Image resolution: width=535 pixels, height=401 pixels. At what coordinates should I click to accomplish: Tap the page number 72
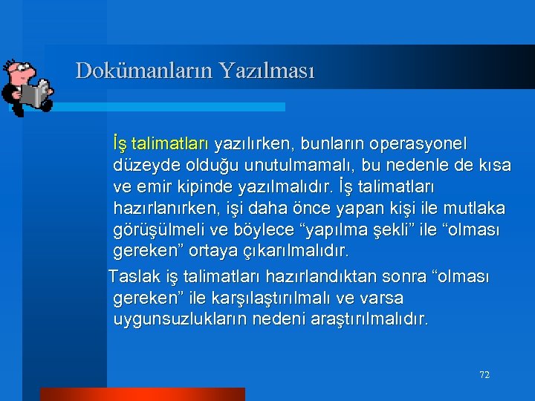click(x=484, y=375)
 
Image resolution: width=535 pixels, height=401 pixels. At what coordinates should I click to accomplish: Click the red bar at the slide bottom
click(x=142, y=394)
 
